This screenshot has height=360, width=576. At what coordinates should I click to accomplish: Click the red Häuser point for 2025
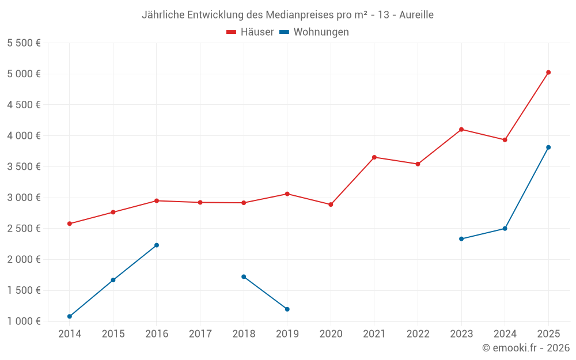click(x=548, y=73)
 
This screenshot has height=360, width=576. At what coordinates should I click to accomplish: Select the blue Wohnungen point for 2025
click(x=548, y=147)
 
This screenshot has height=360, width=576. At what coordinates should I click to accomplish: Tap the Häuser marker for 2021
click(x=374, y=157)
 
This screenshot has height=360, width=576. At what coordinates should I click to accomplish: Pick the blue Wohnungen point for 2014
click(x=70, y=316)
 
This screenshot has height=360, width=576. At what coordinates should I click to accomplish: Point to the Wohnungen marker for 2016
click(x=157, y=245)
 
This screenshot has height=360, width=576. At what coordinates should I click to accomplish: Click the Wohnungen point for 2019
click(x=287, y=309)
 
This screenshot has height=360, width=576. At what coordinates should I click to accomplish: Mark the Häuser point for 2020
click(x=331, y=204)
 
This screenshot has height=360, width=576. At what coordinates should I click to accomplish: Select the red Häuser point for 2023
click(x=461, y=130)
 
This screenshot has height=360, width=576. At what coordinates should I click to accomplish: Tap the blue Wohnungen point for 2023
click(x=461, y=238)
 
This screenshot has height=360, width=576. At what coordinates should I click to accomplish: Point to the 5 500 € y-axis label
click(x=24, y=43)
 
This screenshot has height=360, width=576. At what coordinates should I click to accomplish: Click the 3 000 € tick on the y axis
click(x=24, y=198)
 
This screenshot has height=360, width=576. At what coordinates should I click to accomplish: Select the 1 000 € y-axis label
click(x=24, y=321)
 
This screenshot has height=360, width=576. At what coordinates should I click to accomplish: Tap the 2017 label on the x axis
click(x=200, y=334)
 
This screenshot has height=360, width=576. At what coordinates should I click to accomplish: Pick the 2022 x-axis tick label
click(x=418, y=334)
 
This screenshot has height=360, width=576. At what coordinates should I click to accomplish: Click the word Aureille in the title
click(x=414, y=15)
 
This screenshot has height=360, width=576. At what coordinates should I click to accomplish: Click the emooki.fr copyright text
click(x=526, y=348)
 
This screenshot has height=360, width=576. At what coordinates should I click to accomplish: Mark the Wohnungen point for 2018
click(x=244, y=276)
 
